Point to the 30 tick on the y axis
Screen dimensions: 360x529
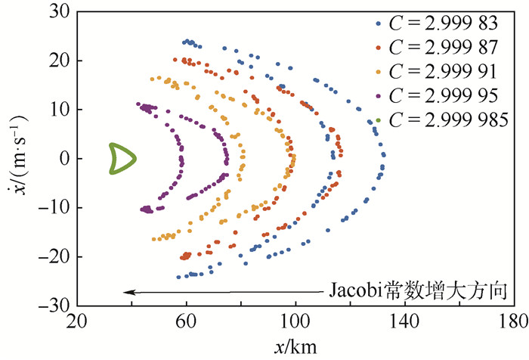58,11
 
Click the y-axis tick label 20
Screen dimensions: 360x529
58,61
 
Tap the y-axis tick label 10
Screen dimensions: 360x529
58,110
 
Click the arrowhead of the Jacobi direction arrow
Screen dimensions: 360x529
128,292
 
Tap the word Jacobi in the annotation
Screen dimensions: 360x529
356,291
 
